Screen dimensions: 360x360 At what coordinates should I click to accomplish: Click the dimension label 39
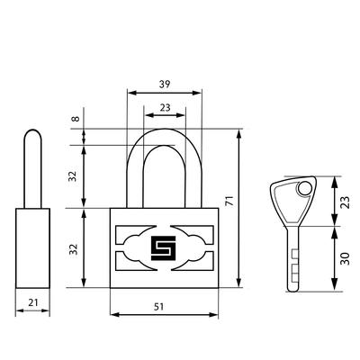pos(165,85)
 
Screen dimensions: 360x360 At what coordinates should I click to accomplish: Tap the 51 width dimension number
pos(159,307)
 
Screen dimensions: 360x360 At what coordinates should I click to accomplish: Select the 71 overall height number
pos(229,201)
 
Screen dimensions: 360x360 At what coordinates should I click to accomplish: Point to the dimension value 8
pos(76,118)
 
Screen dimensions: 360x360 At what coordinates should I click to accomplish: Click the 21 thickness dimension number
pos(33,302)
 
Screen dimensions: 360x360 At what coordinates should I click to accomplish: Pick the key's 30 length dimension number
pos(346,258)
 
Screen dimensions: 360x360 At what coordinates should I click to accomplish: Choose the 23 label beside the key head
pos(346,202)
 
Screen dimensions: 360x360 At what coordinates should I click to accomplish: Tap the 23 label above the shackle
pos(165,107)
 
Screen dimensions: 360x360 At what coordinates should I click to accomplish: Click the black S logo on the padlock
pos(163,248)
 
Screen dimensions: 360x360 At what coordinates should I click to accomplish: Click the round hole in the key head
pos(304,189)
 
